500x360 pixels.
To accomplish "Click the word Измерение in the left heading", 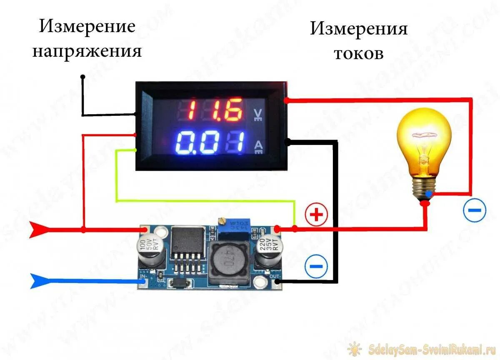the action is point(87,27).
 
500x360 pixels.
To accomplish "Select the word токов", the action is point(358,54).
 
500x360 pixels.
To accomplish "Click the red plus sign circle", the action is point(317,215).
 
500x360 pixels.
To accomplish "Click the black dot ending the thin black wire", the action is point(83,77).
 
